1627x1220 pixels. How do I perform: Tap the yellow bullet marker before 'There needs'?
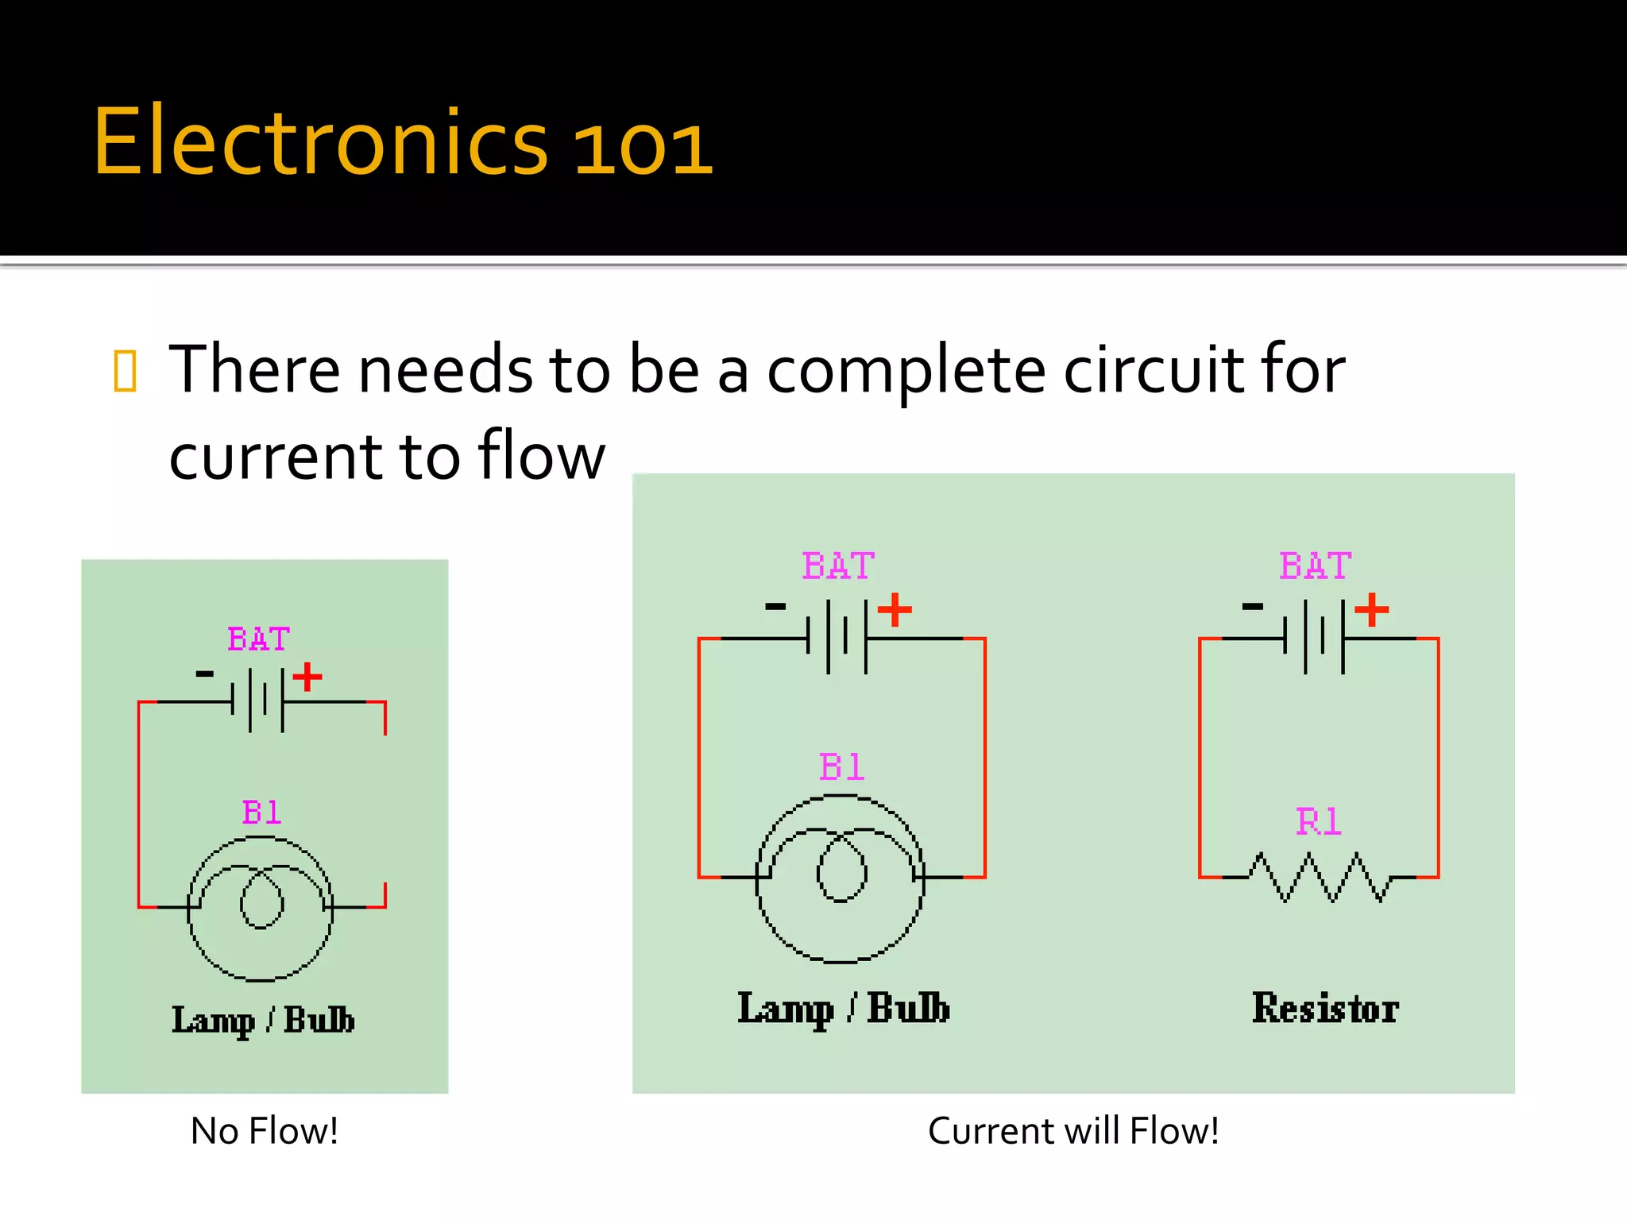126,371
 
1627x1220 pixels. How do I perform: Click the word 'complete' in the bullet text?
906,371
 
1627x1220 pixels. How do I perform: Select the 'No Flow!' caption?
265,1130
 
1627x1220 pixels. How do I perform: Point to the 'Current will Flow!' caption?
1073,1130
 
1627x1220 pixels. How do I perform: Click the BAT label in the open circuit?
259,639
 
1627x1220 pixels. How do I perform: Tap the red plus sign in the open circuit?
307,678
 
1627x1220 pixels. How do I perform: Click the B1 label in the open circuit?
261,813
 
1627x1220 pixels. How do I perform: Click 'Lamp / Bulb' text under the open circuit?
263,1020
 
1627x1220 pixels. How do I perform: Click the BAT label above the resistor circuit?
1316,566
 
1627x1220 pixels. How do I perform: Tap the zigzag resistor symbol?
1320,878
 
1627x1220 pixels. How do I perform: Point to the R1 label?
1319,821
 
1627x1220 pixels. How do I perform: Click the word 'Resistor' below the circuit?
1325,1008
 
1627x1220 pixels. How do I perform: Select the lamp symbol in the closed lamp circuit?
841,878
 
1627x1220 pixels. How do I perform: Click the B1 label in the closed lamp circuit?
841,767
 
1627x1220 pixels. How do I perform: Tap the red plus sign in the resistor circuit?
1372,610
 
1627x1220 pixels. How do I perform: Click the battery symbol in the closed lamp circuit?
837,637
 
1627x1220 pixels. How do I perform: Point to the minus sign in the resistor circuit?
1253,607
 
